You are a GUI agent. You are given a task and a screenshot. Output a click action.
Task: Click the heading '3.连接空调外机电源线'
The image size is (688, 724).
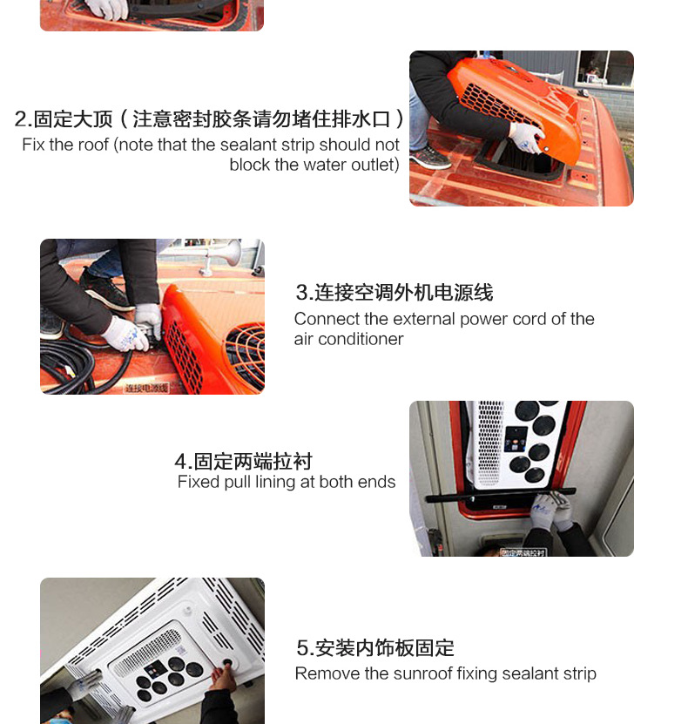[395, 292]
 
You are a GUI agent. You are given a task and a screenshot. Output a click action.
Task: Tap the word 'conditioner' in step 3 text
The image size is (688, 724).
[361, 339]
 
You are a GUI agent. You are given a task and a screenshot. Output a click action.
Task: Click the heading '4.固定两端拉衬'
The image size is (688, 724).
[243, 461]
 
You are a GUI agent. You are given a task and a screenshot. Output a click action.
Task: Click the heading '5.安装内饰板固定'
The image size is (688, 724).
[375, 648]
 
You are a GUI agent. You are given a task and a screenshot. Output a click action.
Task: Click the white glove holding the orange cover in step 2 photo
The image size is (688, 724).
[527, 137]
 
